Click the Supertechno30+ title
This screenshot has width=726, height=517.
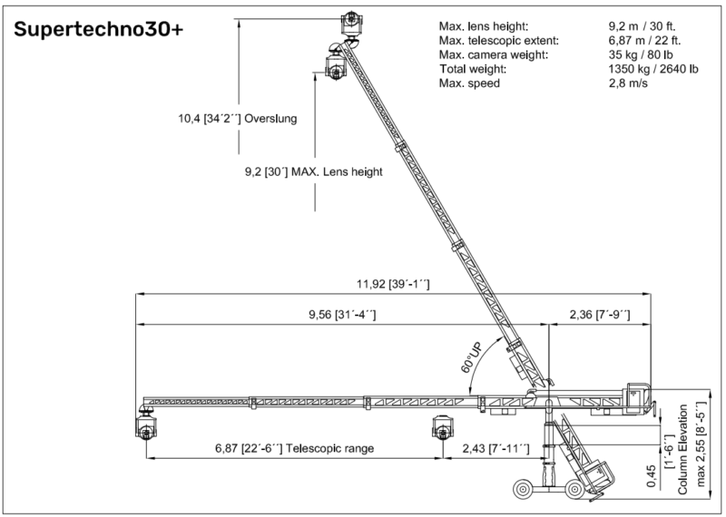pos(99,29)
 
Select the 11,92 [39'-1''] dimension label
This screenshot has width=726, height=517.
pos(393,284)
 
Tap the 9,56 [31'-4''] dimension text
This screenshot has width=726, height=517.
pos(342,315)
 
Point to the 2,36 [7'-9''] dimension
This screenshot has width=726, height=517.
pos(600,315)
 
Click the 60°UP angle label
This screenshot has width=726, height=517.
pos(472,357)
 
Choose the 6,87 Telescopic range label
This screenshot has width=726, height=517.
pos(294,448)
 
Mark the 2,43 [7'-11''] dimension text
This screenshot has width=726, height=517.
pos(495,448)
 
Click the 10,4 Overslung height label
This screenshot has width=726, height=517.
pos(238,119)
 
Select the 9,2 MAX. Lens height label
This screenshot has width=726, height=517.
pos(313,171)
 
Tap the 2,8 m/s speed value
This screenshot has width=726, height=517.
pos(628,83)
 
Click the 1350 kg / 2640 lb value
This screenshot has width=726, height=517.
pos(653,69)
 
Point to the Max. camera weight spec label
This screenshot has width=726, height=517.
pos(494,54)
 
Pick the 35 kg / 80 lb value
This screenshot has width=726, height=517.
pos(641,54)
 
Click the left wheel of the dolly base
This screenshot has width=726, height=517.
pos(524,490)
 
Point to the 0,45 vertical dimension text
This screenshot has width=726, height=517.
pos(651,476)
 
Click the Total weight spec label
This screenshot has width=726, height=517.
pos(473,69)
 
